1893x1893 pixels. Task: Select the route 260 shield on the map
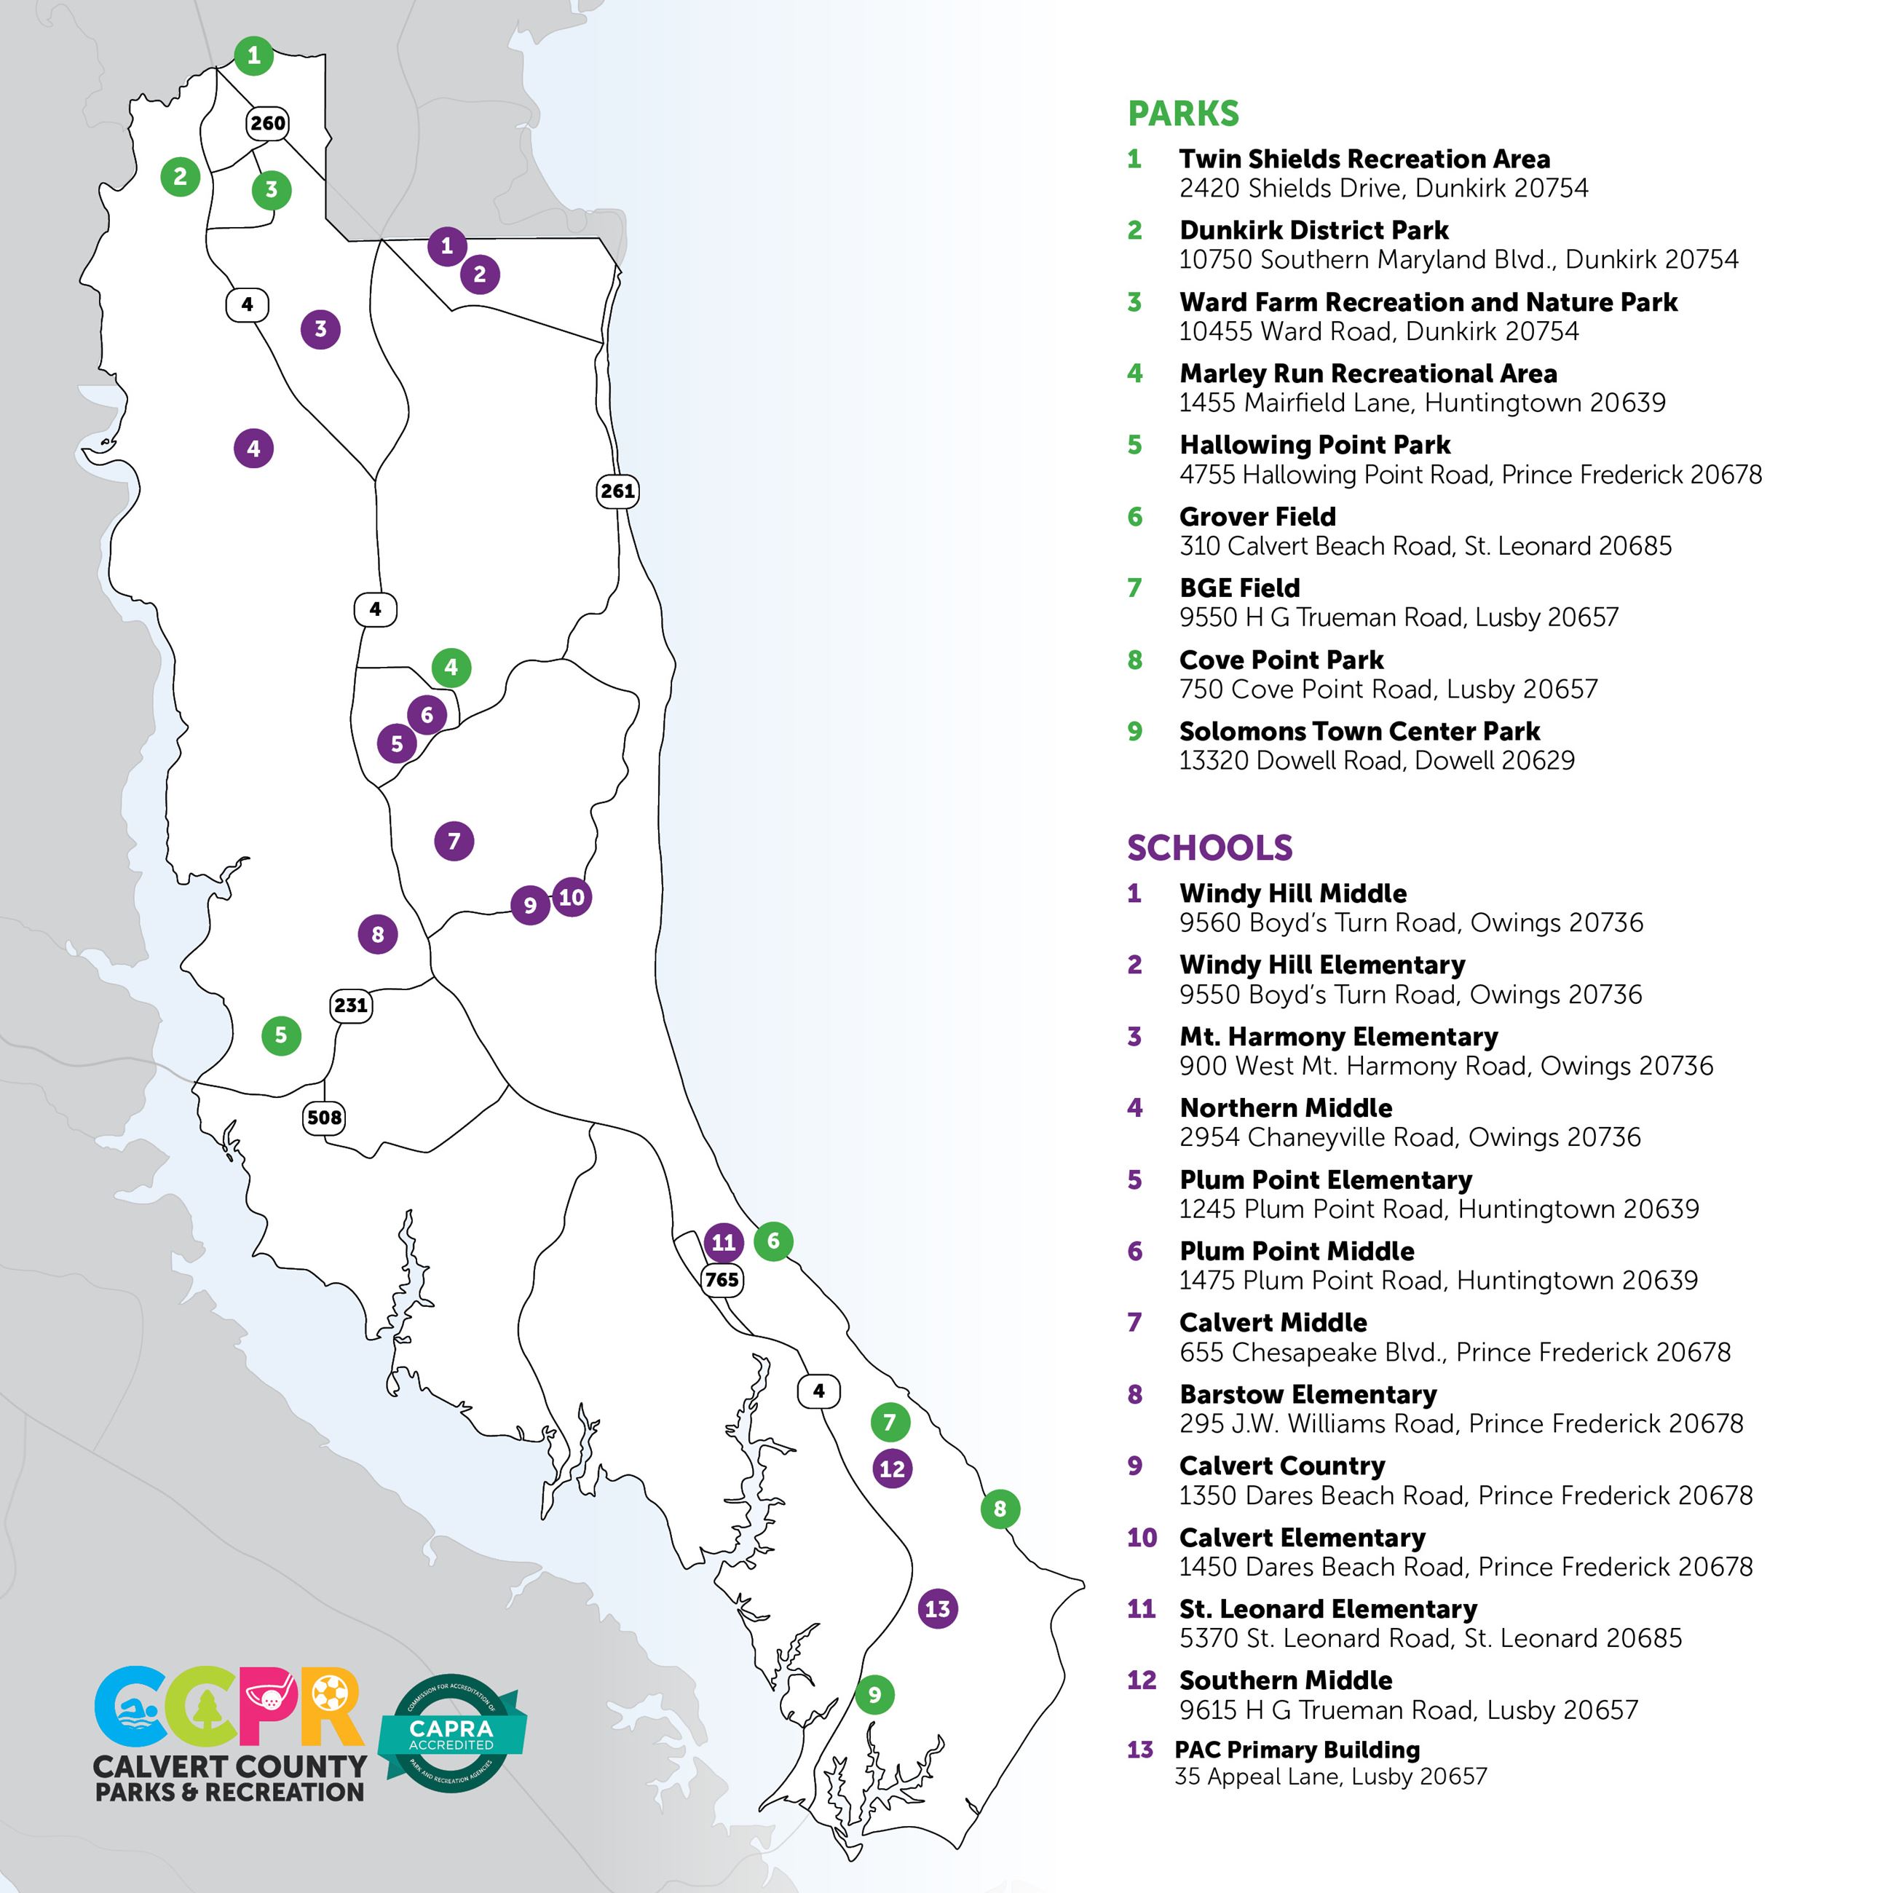coord(267,124)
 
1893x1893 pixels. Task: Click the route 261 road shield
coord(617,491)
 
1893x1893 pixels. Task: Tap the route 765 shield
coord(722,1280)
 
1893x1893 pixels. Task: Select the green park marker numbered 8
coord(1000,1509)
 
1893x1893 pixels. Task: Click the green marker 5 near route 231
coord(281,1035)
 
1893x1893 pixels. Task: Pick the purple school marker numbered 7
coord(454,841)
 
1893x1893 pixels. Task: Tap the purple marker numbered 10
coord(572,896)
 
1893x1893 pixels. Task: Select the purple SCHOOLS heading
coord(1209,847)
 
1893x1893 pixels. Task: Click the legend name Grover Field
coord(1257,516)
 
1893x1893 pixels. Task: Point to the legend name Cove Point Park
coord(1281,660)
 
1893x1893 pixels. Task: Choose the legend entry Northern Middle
coord(1286,1107)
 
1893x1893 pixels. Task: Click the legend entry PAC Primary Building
coord(1297,1749)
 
